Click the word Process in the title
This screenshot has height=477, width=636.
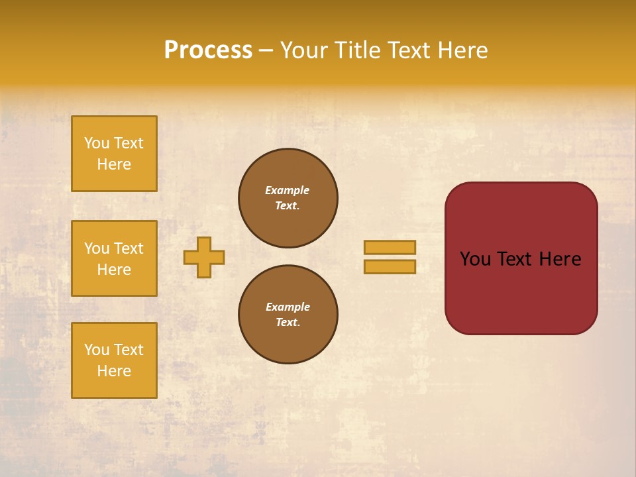coord(208,50)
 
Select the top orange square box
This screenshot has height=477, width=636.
coord(114,154)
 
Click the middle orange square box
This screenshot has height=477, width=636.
coord(114,258)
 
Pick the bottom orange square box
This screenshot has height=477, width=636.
coord(114,360)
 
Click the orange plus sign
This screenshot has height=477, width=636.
coord(204,257)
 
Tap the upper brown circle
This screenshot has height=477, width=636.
coord(288,198)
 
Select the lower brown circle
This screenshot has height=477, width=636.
coord(288,315)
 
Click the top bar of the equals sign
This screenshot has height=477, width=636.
coord(390,247)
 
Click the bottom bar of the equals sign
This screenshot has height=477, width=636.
coord(390,266)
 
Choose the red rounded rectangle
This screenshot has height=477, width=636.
coord(521,291)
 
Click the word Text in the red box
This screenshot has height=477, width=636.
coord(515,259)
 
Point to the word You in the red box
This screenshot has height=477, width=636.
coord(476,259)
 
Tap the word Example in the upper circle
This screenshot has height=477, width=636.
coord(288,190)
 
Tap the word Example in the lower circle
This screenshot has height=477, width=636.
coord(288,307)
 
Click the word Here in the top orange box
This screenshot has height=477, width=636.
coord(114,164)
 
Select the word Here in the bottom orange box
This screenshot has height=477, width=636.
coord(114,371)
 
